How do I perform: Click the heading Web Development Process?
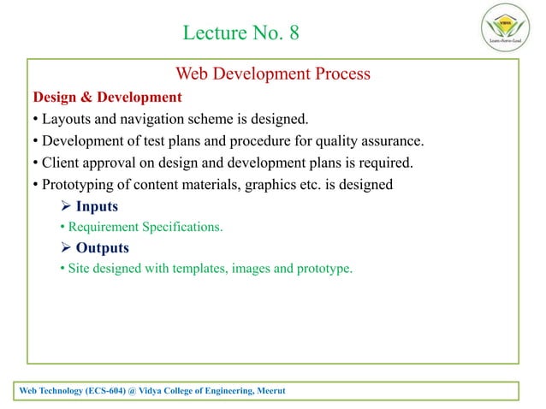(272, 74)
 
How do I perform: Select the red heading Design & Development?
(107, 97)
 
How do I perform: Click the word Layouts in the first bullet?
(65, 119)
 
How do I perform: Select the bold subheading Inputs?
(97, 206)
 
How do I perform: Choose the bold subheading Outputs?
(102, 248)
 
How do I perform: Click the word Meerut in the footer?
(268, 391)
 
